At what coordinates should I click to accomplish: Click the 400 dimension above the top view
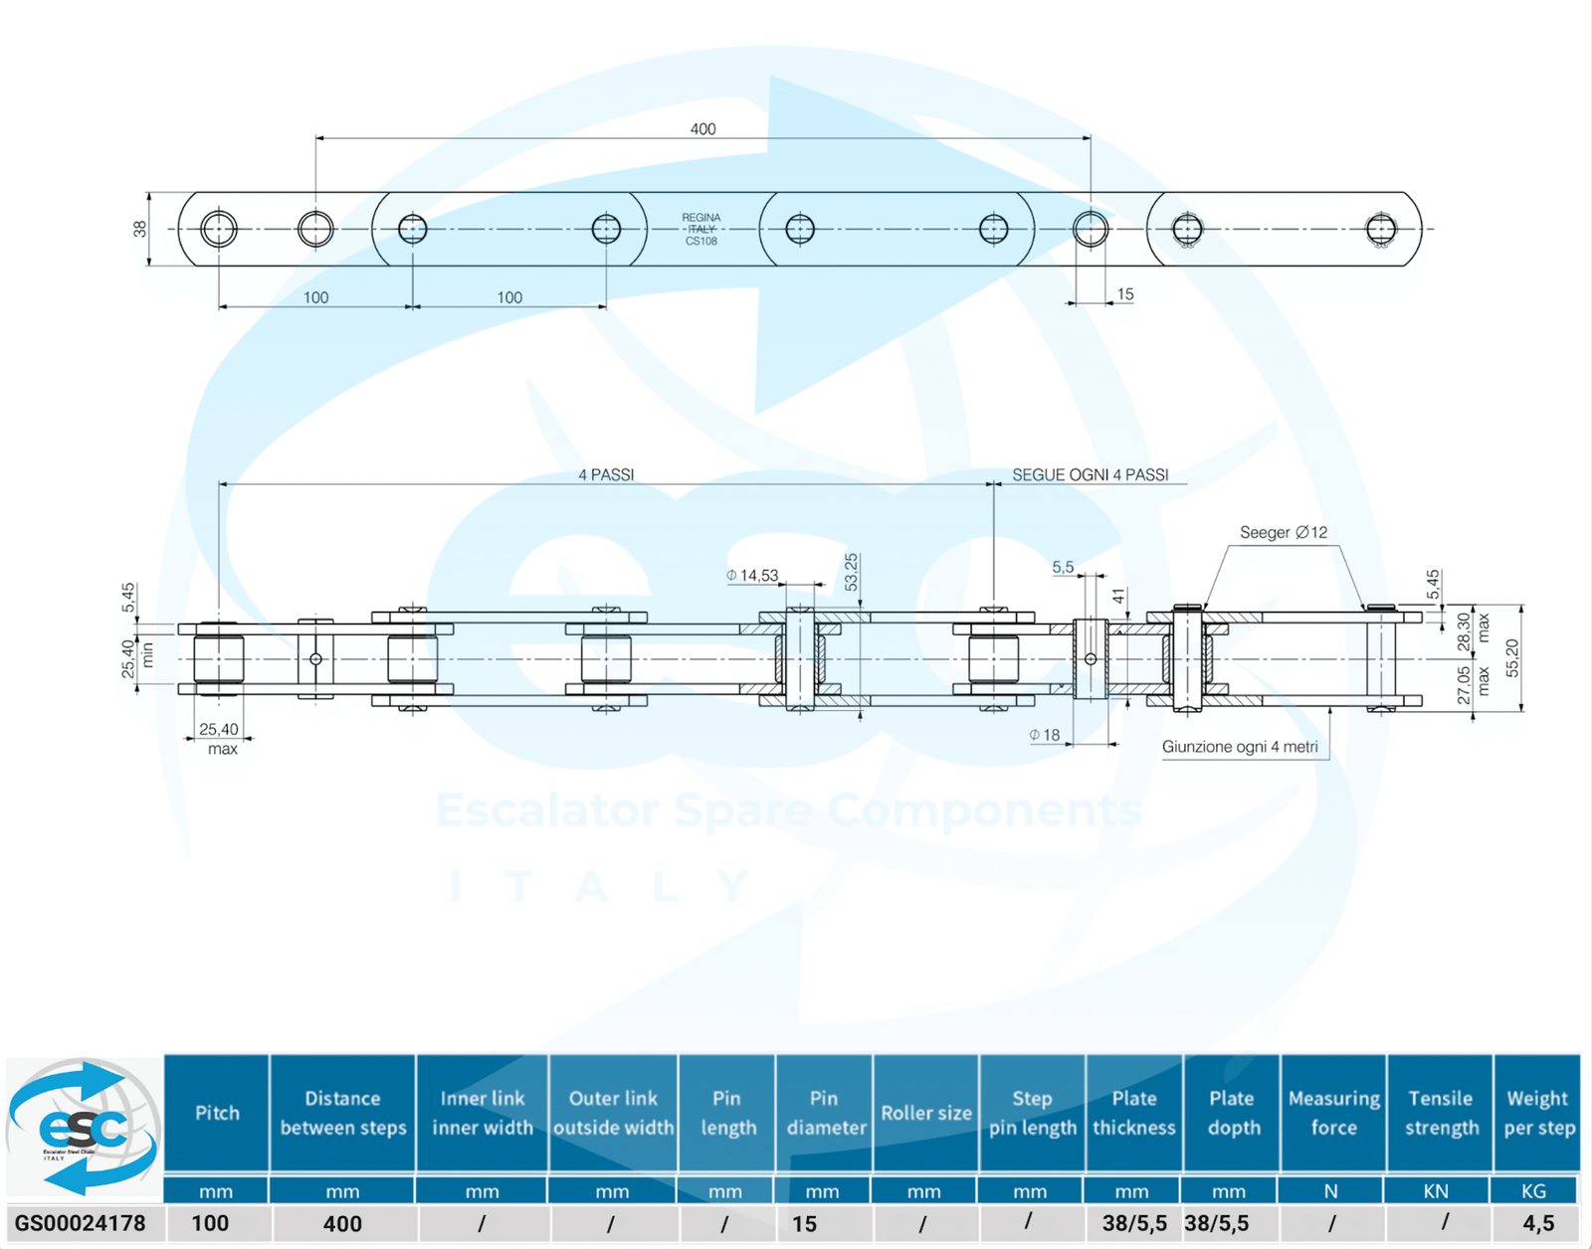(x=702, y=129)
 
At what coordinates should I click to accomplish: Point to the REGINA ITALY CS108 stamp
(x=701, y=230)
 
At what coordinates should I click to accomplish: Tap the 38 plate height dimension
(x=140, y=229)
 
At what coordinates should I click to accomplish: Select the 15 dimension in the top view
(x=1125, y=294)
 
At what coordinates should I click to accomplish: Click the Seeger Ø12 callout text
(x=1284, y=533)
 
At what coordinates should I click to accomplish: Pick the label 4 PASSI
(x=606, y=475)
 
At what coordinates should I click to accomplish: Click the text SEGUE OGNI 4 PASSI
(x=1090, y=475)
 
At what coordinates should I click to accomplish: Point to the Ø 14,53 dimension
(x=753, y=576)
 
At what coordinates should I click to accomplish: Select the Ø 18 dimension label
(x=1045, y=735)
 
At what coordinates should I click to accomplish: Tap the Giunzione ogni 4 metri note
(x=1240, y=747)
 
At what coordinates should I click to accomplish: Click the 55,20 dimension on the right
(x=1512, y=658)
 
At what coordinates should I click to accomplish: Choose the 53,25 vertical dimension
(x=852, y=573)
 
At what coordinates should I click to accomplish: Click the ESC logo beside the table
(x=84, y=1127)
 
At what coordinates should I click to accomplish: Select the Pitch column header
(x=217, y=1113)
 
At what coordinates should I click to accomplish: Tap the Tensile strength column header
(x=1441, y=1113)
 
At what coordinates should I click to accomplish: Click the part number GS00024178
(x=81, y=1223)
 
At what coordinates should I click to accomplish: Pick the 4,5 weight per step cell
(x=1537, y=1223)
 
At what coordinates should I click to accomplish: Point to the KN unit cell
(x=1436, y=1190)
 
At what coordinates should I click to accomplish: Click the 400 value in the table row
(x=342, y=1223)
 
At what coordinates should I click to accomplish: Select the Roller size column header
(x=925, y=1113)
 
